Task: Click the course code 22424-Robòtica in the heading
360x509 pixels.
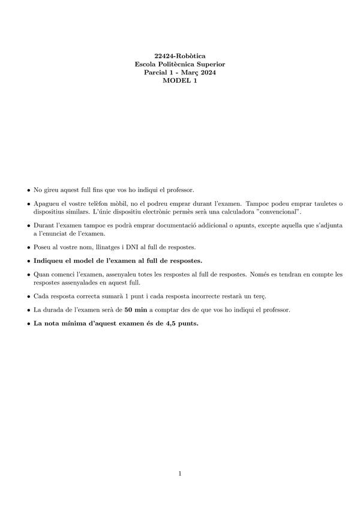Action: point(180,56)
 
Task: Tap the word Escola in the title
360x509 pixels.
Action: point(147,64)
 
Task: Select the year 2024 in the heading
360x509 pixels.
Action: point(206,73)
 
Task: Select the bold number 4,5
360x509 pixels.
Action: point(173,323)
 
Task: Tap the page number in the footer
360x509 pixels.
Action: point(180,474)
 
